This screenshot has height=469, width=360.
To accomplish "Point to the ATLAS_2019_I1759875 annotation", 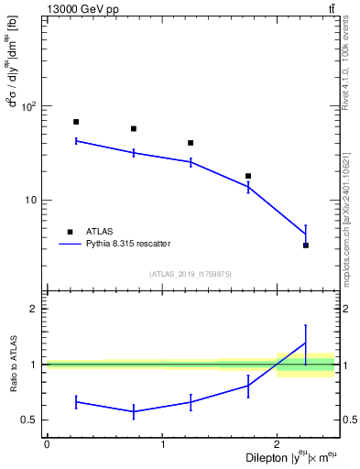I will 191,274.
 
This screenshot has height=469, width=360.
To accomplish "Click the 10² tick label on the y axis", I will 27,107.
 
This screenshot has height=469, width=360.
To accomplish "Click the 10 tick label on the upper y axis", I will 29,201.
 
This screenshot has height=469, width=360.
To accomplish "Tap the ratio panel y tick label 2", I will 34,309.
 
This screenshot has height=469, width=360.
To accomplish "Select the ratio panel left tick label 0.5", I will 29,420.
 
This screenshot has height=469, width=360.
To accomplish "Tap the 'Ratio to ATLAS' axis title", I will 12,364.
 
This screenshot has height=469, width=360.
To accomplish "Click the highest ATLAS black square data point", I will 76,122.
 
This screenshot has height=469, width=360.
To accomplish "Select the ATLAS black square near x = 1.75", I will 248,176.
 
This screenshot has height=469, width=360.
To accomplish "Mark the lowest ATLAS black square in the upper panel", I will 306,245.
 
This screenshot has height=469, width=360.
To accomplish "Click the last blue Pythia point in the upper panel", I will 306,234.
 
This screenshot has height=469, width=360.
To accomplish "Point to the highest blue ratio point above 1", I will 306,343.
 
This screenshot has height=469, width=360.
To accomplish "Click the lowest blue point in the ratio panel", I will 134,411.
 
